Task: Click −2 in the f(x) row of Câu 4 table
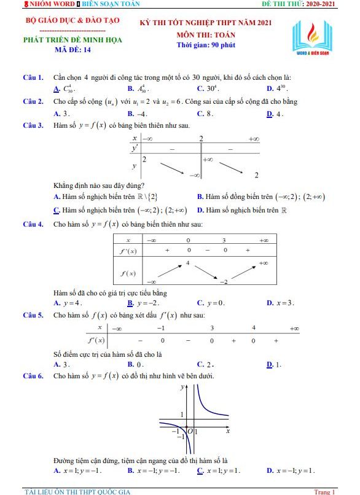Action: coord(224,281)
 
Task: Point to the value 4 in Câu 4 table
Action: coord(187,263)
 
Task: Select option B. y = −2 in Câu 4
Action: coord(143,303)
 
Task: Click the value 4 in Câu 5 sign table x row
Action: coord(253,328)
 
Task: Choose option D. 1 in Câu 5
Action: coord(274,364)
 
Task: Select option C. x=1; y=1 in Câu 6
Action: coord(219,470)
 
